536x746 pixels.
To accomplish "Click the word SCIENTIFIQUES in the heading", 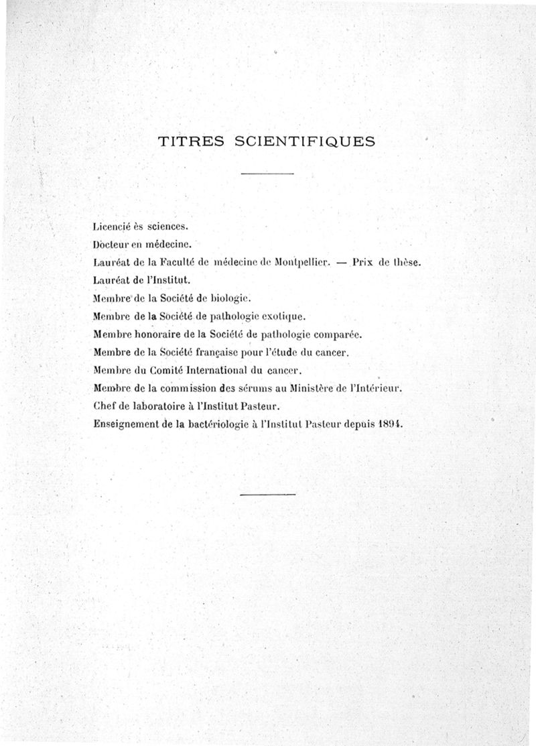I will pyautogui.click(x=304, y=141).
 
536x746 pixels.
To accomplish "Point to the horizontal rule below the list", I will pyautogui.click(x=267, y=495).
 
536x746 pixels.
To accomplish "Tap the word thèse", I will pyautogui.click(x=407, y=263).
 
